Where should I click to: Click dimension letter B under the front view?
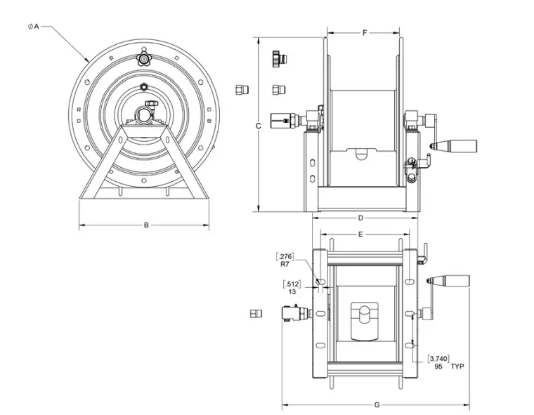coord(146,225)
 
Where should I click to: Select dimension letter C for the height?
coord(259,126)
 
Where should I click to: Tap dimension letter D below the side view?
coord(360,218)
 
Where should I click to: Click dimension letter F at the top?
coord(364,33)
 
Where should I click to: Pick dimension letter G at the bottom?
coord(377,404)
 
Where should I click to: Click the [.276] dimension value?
coord(286,256)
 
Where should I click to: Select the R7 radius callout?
coord(285,265)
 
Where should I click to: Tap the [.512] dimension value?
coord(292,284)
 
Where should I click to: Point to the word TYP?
coord(458,367)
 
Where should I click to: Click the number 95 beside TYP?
coord(438,367)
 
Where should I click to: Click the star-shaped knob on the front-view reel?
coord(144,58)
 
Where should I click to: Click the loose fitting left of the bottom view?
coord(256,313)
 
